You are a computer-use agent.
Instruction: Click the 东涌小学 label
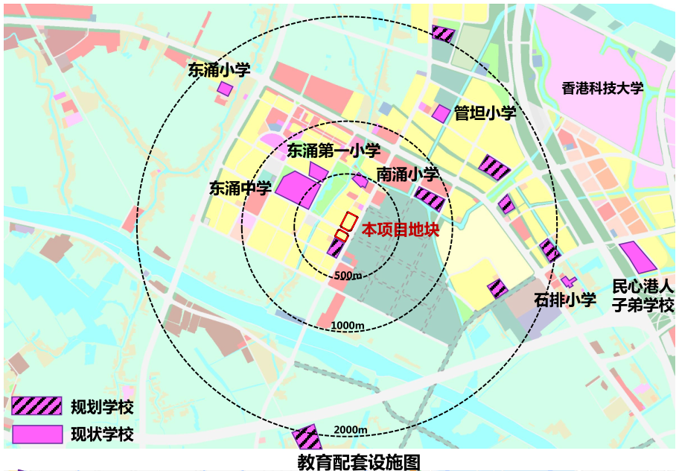tap(219, 71)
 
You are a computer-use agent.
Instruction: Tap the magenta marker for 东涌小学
tap(224, 89)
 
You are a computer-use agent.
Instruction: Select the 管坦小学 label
tap(485, 113)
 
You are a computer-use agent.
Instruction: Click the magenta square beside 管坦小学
tap(441, 113)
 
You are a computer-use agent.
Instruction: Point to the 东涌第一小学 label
tap(334, 151)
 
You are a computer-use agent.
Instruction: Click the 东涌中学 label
tap(240, 188)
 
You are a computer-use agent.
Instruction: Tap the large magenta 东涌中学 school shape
tap(297, 189)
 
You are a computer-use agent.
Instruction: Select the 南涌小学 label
tap(407, 174)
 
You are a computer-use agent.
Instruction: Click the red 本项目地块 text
tap(401, 230)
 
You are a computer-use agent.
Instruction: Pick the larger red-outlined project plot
tap(348, 221)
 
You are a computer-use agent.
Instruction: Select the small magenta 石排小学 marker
tap(569, 281)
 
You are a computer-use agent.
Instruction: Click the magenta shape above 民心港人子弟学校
tap(637, 257)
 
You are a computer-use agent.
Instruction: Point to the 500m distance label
tap(348, 276)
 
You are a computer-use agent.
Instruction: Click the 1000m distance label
tap(348, 325)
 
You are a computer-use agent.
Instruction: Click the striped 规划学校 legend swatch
tap(36, 406)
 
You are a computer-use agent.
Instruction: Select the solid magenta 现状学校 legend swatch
tap(36, 434)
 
